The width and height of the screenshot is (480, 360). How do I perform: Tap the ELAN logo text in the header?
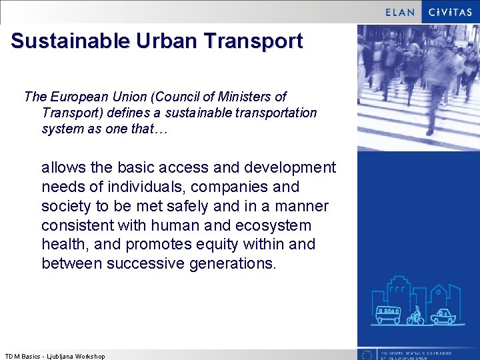400,12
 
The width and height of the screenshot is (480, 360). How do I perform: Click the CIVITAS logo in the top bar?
450,12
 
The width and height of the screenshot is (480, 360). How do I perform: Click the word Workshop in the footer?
90,356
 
